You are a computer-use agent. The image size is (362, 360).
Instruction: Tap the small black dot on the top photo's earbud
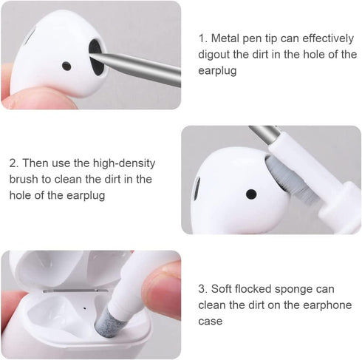coord(66,66)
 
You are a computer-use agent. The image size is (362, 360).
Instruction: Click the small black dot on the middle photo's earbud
coord(251,194)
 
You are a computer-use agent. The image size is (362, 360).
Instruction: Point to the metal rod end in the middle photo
coord(264,134)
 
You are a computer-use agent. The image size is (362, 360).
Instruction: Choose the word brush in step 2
coord(26,179)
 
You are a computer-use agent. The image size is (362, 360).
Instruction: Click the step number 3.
coord(202,288)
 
